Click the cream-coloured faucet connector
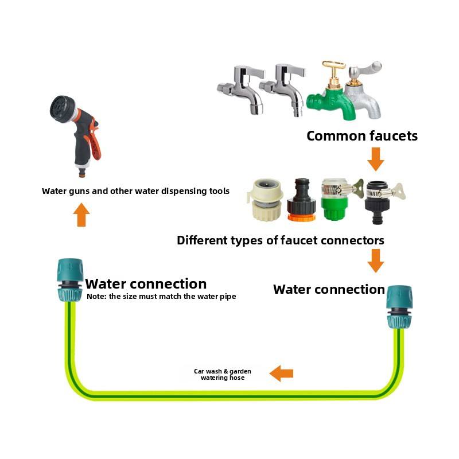click(x=266, y=200)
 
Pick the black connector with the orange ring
click(x=301, y=200)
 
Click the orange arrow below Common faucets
click(x=376, y=160)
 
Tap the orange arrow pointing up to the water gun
click(x=81, y=215)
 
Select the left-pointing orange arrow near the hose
click(x=281, y=374)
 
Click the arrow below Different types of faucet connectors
click(x=376, y=261)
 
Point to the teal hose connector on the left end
click(x=69, y=280)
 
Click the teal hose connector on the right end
click(x=399, y=307)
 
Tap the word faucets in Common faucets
click(x=394, y=136)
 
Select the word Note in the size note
click(x=95, y=296)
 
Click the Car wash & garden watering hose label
click(x=223, y=375)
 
